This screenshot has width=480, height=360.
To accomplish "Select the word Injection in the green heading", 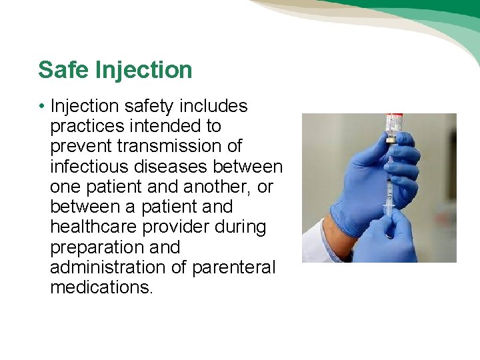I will [143, 69].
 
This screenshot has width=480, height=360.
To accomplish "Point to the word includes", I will [214, 106].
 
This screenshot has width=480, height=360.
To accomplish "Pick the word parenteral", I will [233, 267].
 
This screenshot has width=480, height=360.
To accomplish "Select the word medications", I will [101, 287].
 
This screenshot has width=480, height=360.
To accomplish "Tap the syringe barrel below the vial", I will [389, 193].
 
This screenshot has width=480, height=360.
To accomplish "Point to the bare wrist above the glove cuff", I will [333, 231].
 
